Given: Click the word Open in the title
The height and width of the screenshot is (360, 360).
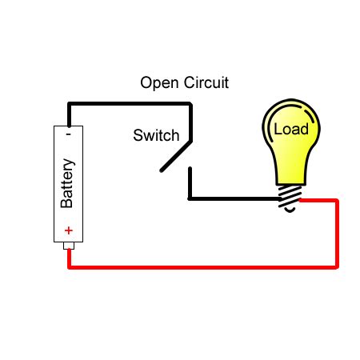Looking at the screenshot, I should pos(158,83).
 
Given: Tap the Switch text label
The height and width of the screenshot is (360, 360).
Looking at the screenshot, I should pos(156,135).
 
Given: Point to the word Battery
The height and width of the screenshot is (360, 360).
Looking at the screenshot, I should pos(68,183).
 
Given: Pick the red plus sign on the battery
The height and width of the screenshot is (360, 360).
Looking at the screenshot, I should pos(69,231).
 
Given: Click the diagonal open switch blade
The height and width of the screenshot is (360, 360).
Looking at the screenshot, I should pos(176,156).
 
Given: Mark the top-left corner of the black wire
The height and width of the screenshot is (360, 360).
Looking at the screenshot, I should pos(70,104).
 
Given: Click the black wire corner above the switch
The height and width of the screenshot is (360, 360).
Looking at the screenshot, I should pos(190,104).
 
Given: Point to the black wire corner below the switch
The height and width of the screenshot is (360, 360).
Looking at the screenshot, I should pos(190,198).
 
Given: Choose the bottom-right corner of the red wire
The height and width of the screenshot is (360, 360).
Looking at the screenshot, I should pos(338,267).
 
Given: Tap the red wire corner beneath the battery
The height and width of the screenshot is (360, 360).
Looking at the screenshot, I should pos(70,267).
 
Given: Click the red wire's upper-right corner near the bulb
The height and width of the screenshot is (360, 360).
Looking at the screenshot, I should pos(338,200).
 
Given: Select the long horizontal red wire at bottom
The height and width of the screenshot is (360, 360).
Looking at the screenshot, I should pos(200,267).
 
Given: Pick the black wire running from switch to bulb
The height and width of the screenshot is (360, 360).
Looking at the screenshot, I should pos(232,198).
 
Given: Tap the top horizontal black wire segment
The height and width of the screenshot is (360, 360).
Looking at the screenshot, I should pos(128,104).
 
